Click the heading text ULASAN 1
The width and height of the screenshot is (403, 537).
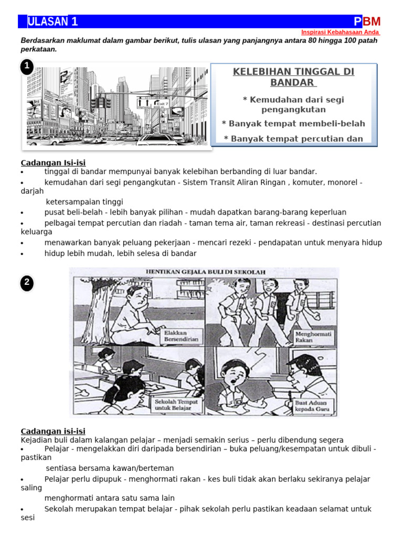[x=52, y=22]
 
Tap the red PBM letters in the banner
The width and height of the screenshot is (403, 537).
[x=367, y=22]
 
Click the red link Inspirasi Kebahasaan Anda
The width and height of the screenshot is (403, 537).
[x=341, y=32]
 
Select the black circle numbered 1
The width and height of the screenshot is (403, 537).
[x=27, y=67]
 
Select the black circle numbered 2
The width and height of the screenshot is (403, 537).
[x=27, y=283]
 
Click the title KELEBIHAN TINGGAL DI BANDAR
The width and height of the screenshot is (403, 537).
[x=293, y=77]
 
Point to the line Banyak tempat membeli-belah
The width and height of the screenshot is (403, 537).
[x=293, y=124]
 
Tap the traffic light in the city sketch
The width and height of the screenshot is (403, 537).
[x=101, y=103]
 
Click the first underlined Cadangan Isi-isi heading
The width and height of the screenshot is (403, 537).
[x=53, y=163]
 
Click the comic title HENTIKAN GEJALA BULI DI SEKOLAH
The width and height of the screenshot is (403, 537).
[x=205, y=272]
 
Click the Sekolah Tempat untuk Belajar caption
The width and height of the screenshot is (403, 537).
[x=176, y=404]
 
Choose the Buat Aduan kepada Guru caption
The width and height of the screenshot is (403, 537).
[x=311, y=405]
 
